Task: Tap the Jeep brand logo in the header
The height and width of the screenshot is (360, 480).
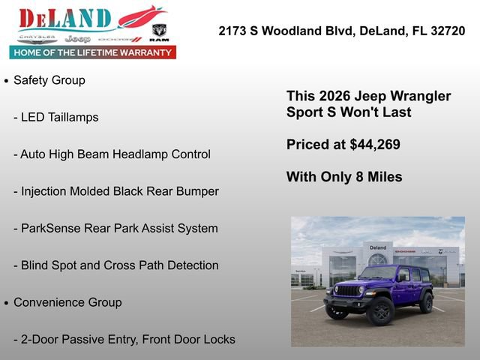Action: click(77, 38)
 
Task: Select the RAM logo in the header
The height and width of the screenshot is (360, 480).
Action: click(159, 32)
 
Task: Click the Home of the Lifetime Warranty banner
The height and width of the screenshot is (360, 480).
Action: click(92, 52)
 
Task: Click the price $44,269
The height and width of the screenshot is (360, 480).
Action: click(375, 145)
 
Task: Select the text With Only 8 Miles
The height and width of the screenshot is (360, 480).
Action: click(344, 177)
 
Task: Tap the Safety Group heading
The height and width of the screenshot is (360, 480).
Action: click(49, 80)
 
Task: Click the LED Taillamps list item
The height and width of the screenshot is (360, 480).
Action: click(59, 117)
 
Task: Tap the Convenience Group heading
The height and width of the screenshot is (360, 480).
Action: click(67, 302)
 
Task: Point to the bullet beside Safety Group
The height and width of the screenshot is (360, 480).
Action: click(7, 80)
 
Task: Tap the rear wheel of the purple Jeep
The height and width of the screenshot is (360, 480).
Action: click(426, 303)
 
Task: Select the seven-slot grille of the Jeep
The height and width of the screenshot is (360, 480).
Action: click(349, 290)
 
